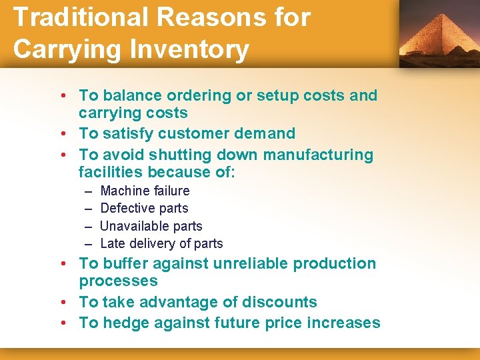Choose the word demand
pyautogui.click(x=264, y=133)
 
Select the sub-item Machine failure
pyautogui.click(x=145, y=191)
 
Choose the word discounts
pyautogui.click(x=279, y=302)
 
